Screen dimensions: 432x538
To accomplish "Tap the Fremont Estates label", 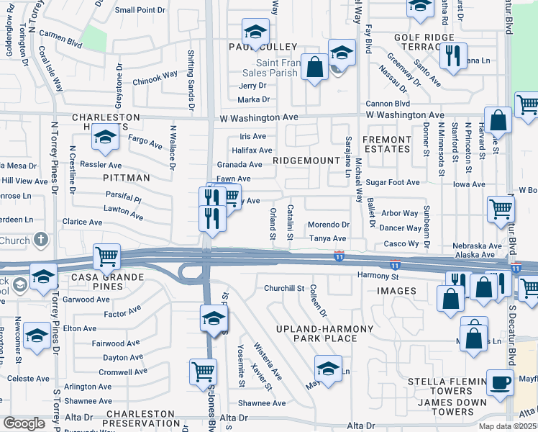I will pos(386,144).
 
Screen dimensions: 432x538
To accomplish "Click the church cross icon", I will pos(41,239).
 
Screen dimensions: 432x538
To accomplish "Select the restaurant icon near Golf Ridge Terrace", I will pos(453,55).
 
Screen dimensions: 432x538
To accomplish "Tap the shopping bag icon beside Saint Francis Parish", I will pos(314,67).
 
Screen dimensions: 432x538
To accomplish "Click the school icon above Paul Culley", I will pos(255,32).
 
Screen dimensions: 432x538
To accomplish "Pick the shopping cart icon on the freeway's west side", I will pos(106,256).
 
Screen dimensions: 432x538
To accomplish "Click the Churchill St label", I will pos(284,288).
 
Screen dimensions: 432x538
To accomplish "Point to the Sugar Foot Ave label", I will pos(392,183).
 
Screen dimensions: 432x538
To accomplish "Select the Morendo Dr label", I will pos(329,225).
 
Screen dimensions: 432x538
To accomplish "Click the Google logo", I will pos(24,424).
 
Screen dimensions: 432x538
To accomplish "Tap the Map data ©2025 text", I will pos(507,426).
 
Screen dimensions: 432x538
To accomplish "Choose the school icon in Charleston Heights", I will pos(106,137).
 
